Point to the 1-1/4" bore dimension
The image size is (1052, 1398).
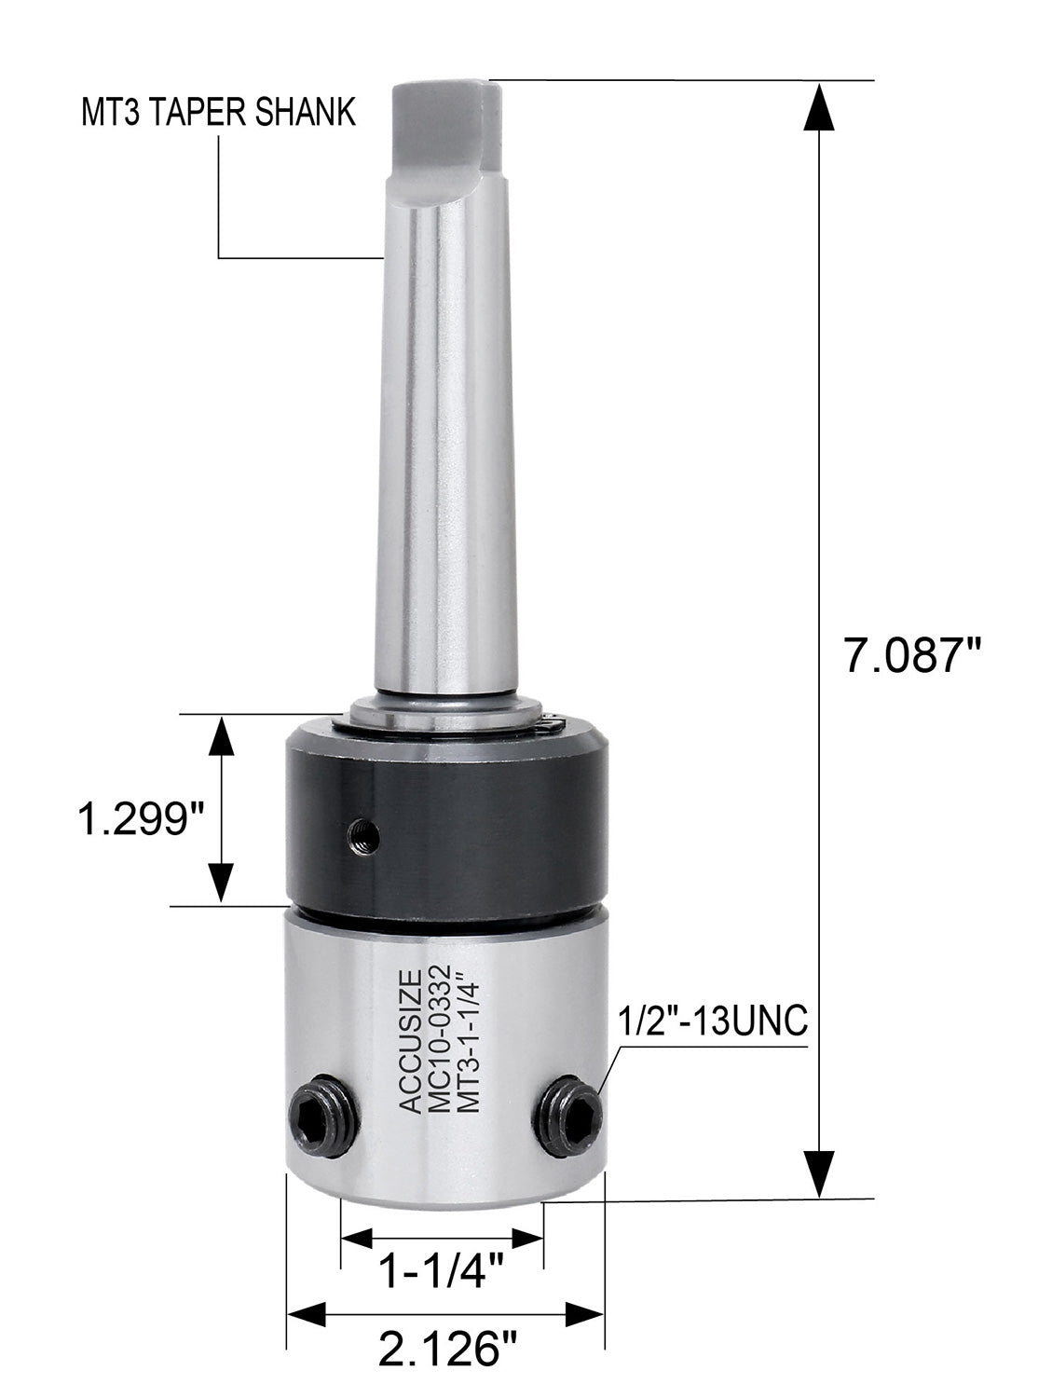pyautogui.click(x=443, y=1271)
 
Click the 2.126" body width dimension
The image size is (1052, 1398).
pyautogui.click(x=444, y=1350)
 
